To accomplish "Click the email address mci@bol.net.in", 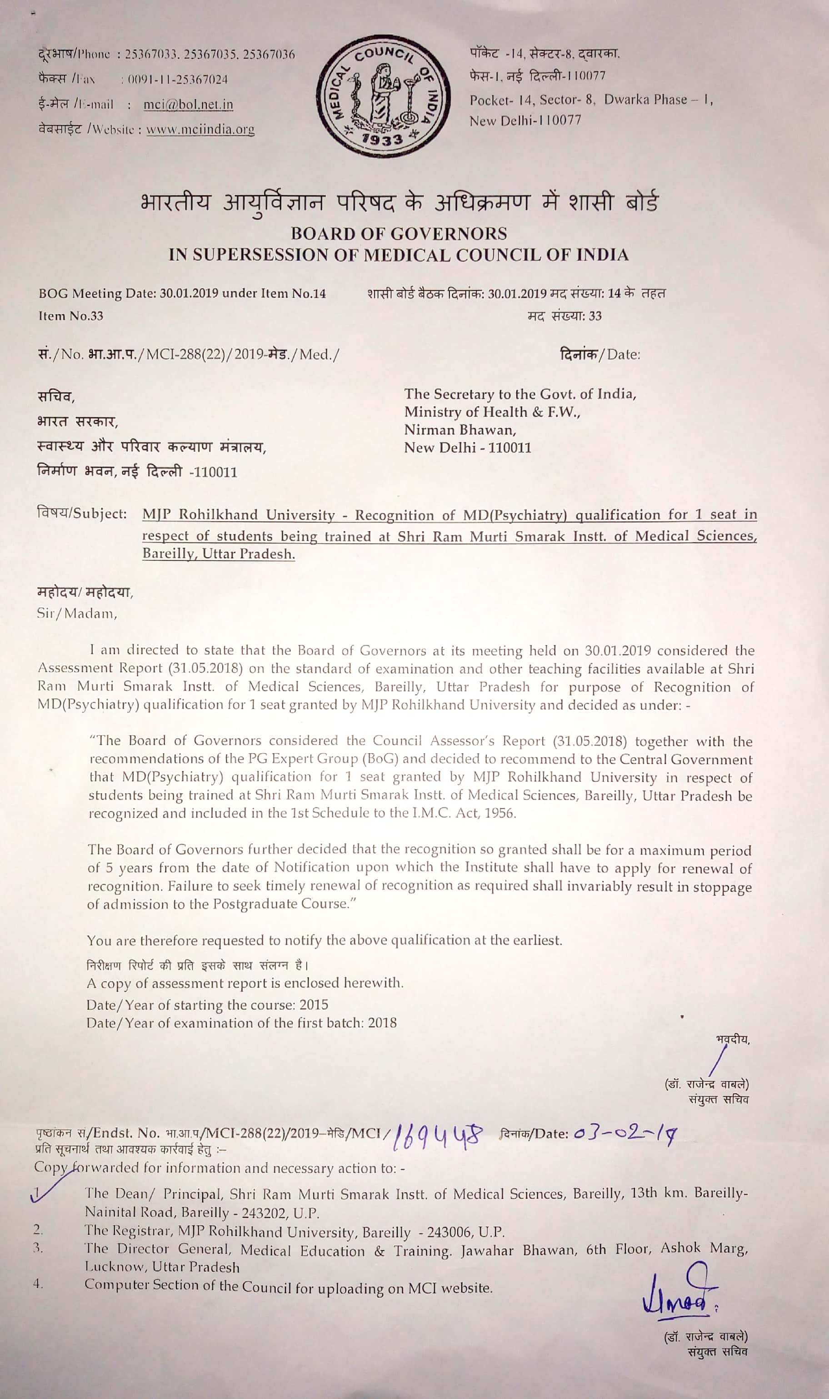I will point(188,105).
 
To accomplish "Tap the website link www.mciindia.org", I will point(200,130).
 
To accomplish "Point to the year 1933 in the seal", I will point(383,139).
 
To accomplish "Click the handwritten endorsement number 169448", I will point(437,1136).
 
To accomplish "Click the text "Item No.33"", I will point(71,316).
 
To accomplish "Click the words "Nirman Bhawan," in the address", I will point(460,430).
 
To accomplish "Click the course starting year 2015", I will point(314,1004).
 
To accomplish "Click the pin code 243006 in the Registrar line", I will point(453,1232).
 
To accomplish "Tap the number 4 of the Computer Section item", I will point(37,1284).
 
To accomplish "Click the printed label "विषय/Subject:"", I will point(81,513).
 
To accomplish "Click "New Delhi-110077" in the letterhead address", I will point(525,121).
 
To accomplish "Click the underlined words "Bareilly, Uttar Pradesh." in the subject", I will point(219,554).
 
